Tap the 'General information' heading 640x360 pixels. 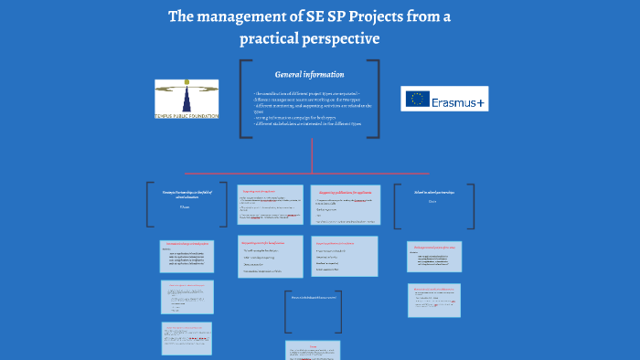tap(310, 74)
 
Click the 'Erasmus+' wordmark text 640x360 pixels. tap(460, 101)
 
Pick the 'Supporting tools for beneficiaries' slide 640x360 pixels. tap(270, 256)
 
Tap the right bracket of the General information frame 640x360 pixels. tap(376, 99)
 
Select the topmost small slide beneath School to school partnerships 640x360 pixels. tap(433, 259)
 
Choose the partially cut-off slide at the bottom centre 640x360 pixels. tap(314, 351)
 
